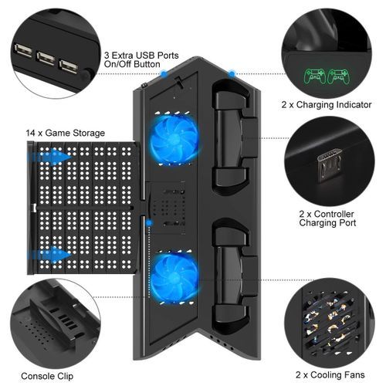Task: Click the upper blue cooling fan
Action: (x=174, y=139)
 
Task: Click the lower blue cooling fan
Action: (x=174, y=278)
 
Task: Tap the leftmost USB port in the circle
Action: (x=23, y=50)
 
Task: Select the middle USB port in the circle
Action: (x=46, y=59)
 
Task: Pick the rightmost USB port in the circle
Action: (x=68, y=66)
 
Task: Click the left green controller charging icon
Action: (x=315, y=76)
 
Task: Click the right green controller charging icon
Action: (x=339, y=76)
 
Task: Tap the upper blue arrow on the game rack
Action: (x=49, y=157)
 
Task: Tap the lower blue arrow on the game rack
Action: (x=49, y=255)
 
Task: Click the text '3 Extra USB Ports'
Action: (x=141, y=56)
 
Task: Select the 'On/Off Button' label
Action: (x=132, y=64)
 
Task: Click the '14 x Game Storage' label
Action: (x=66, y=133)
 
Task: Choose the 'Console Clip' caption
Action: (x=47, y=376)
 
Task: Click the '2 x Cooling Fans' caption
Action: (x=330, y=375)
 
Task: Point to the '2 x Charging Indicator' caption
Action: (x=327, y=105)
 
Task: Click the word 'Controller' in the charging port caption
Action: (x=334, y=214)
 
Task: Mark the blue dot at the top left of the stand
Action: (x=164, y=74)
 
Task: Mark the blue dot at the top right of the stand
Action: (x=232, y=74)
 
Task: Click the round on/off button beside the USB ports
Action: (x=86, y=73)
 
